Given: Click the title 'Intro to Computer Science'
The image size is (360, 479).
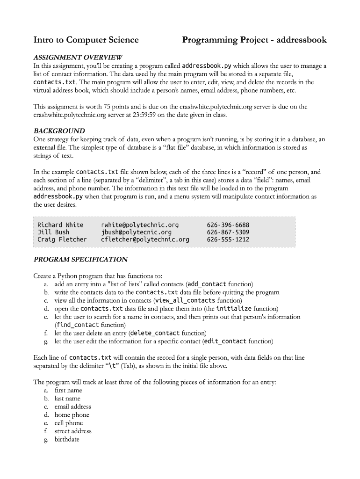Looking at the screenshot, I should point(86,40).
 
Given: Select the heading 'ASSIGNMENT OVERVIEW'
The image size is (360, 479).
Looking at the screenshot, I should point(78,57).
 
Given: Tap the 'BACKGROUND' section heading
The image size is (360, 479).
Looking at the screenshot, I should point(59,131).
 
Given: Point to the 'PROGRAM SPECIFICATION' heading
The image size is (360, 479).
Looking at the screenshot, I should point(80,259).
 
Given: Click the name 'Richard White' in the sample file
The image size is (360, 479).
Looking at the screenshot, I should point(60,225).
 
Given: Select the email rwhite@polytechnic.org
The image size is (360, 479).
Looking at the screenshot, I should point(140,225).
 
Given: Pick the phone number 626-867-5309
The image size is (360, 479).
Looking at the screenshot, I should point(228,232).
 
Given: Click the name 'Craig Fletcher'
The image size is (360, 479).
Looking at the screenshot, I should point(62,239).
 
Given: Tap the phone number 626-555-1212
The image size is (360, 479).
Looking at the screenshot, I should point(228,239).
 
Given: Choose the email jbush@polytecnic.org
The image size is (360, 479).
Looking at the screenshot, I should point(136,232).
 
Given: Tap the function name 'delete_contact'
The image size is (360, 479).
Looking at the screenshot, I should point(155,333).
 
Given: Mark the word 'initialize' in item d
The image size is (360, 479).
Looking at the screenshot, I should point(234,309).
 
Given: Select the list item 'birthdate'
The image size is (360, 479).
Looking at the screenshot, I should point(67,439).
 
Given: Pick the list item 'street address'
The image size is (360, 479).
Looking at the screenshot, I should point(73,431).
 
